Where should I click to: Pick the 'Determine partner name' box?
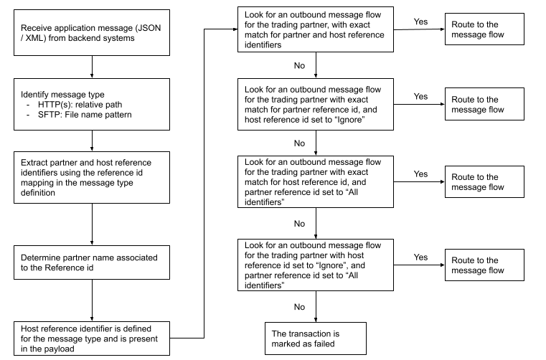(x=93, y=262)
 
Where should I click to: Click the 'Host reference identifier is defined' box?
(x=93, y=337)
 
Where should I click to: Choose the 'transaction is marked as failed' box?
(x=315, y=339)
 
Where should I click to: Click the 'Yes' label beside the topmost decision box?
(x=421, y=22)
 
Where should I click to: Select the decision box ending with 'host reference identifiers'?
(x=315, y=29)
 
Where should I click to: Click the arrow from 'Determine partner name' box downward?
(x=93, y=300)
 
